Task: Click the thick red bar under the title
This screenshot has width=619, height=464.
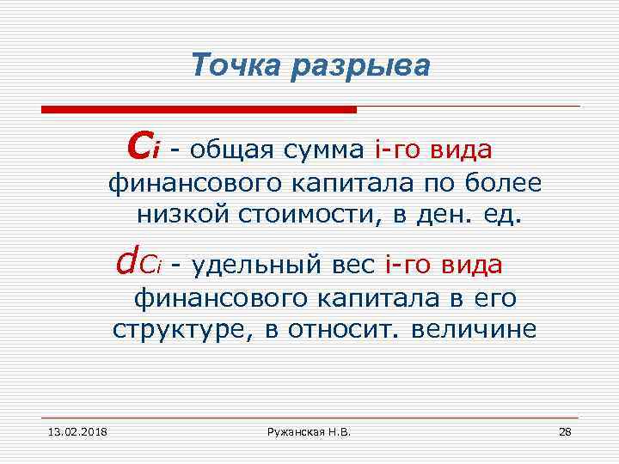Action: click(x=199, y=109)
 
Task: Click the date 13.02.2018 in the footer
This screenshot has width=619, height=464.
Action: click(x=65, y=430)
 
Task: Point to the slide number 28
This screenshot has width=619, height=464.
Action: click(x=565, y=430)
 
